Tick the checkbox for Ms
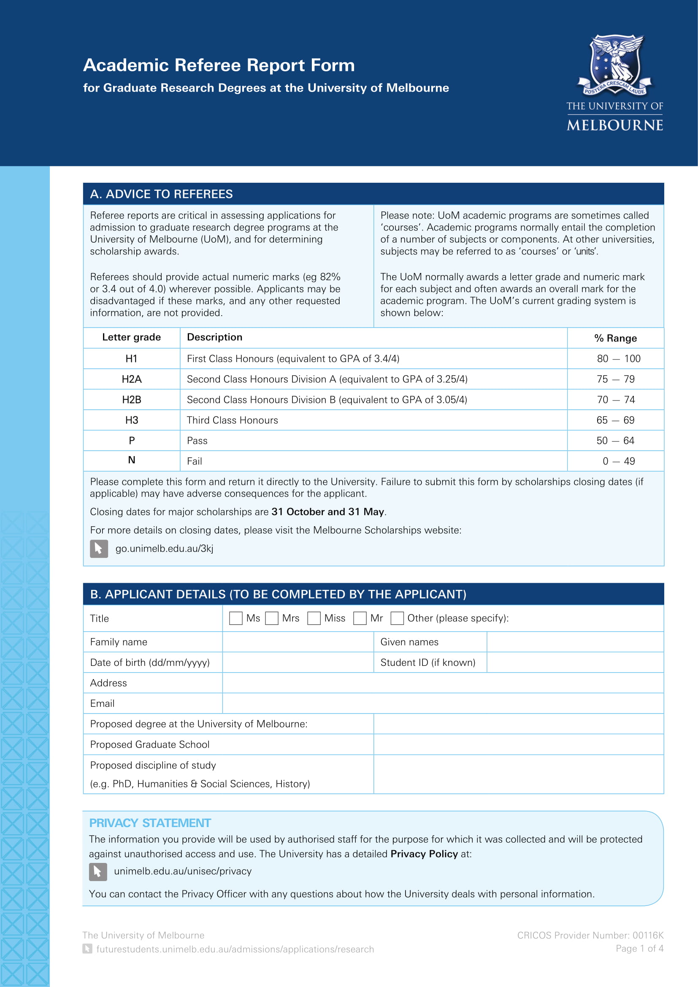(x=235, y=618)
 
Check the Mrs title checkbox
(x=272, y=618)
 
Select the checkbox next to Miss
(x=314, y=618)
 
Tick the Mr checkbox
(x=360, y=618)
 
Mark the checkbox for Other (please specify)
(x=397, y=618)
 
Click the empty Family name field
(x=298, y=642)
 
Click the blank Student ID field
(x=575, y=663)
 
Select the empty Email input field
(x=443, y=703)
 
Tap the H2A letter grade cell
(x=132, y=379)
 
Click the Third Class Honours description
(x=232, y=420)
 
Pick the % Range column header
(x=615, y=338)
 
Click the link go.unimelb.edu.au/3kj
(x=164, y=549)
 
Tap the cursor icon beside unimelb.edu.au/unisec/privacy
(x=98, y=871)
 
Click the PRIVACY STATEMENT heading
(x=149, y=823)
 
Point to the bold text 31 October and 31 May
(x=328, y=511)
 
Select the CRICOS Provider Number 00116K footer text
(x=590, y=935)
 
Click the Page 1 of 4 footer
(x=639, y=948)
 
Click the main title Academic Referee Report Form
(x=219, y=65)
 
